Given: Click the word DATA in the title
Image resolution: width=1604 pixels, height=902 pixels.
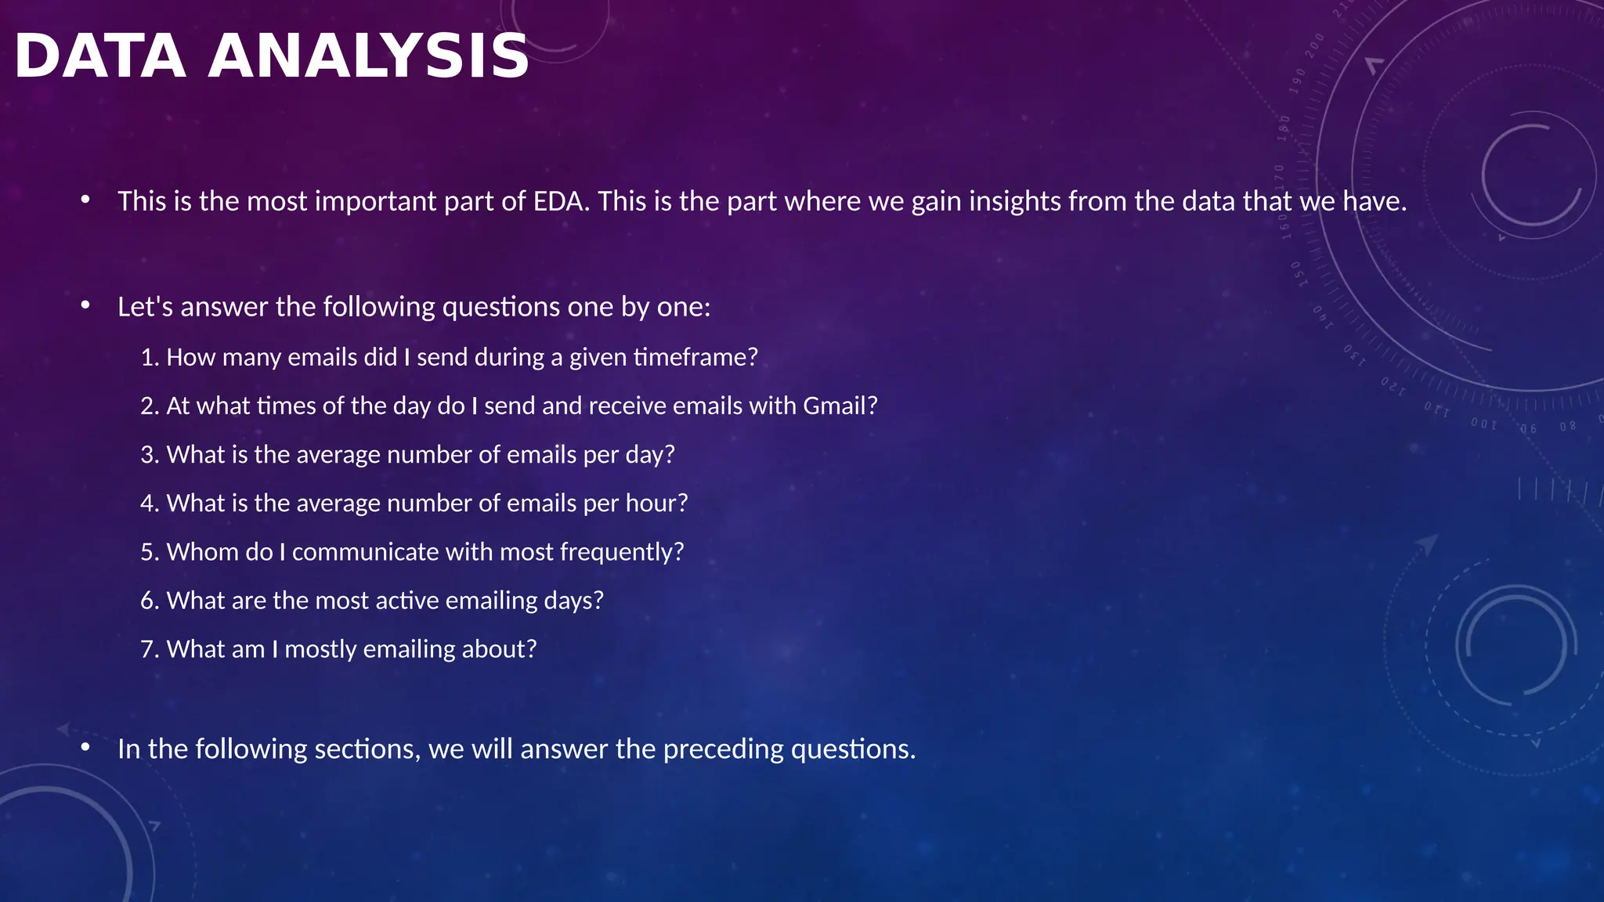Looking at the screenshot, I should coord(100,56).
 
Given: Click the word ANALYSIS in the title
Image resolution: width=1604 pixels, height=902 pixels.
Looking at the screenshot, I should coord(368,56).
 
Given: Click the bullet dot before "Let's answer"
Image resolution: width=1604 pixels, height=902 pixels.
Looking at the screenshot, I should coord(85,305).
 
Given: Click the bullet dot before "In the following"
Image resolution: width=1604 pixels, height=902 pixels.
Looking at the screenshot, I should coord(85,748).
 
